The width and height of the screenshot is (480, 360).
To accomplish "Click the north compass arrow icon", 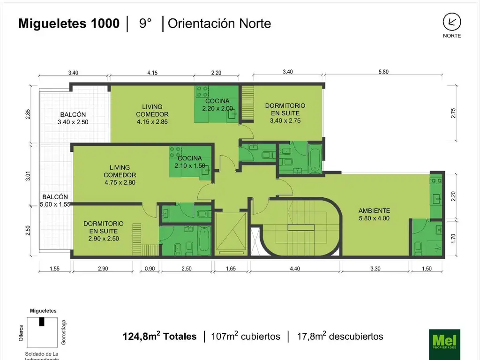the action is [452, 22].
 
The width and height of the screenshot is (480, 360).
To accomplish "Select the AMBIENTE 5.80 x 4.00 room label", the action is [374, 214].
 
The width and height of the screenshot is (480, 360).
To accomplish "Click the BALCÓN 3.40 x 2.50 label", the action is [73, 118].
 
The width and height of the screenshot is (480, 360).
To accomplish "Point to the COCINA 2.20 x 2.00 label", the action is [217, 105].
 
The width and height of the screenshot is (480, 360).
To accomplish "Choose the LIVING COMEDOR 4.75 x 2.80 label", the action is [120, 175].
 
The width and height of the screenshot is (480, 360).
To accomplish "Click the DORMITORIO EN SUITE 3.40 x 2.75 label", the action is [285, 113].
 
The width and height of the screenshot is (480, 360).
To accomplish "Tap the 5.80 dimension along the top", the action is [383, 72].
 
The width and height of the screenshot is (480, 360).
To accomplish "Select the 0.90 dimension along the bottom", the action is [150, 269].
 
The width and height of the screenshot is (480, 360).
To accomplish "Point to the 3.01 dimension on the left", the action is [28, 176].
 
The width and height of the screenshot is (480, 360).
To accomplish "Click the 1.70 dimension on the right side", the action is [453, 239].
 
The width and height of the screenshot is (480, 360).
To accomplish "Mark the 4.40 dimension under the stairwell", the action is [295, 269].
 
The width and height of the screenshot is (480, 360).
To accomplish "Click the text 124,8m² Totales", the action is [159, 336].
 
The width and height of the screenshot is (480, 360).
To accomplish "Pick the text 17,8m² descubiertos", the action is [340, 336].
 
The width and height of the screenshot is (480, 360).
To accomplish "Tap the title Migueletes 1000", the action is [69, 23].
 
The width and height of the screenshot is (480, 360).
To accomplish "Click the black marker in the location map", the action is [42, 322].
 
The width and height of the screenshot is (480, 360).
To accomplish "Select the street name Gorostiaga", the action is [64, 332].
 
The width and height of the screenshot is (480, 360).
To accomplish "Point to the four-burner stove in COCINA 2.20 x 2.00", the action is [202, 91].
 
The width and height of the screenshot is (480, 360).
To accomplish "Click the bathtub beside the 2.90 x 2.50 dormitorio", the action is [203, 240].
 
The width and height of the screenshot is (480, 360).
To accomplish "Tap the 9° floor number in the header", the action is [145, 23].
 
